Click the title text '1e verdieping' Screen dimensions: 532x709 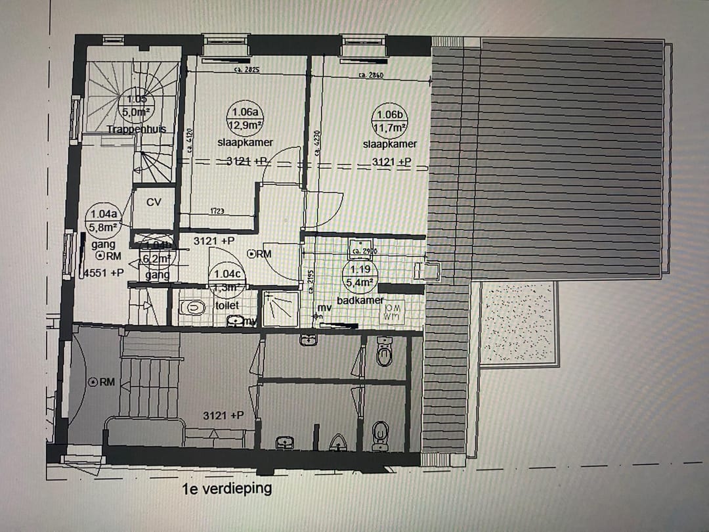tap(228, 489)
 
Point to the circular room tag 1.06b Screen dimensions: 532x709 tap(390, 120)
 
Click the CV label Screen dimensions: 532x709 tap(154, 202)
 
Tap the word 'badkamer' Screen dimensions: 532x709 tap(360, 300)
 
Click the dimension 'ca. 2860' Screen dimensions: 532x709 tap(370, 76)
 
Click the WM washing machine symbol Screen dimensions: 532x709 tap(393, 313)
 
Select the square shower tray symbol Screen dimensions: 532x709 tap(280, 307)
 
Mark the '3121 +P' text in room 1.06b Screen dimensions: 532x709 tap(392, 162)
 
